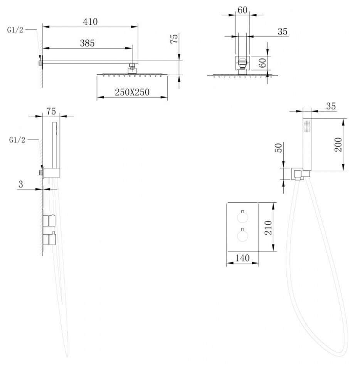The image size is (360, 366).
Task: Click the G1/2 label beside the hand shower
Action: [x=16, y=140]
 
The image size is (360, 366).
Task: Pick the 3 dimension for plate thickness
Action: [x=21, y=185]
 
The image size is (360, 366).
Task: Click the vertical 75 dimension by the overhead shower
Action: [x=174, y=40]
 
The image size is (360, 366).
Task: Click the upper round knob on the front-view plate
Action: [x=242, y=218]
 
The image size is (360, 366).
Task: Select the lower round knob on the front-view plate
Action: [x=242, y=236]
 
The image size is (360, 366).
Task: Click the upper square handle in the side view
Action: [x=50, y=221]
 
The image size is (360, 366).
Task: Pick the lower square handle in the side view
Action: [x=50, y=238]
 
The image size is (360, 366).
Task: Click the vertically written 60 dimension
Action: [x=262, y=63]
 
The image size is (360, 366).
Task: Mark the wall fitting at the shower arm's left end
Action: [x=40, y=62]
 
